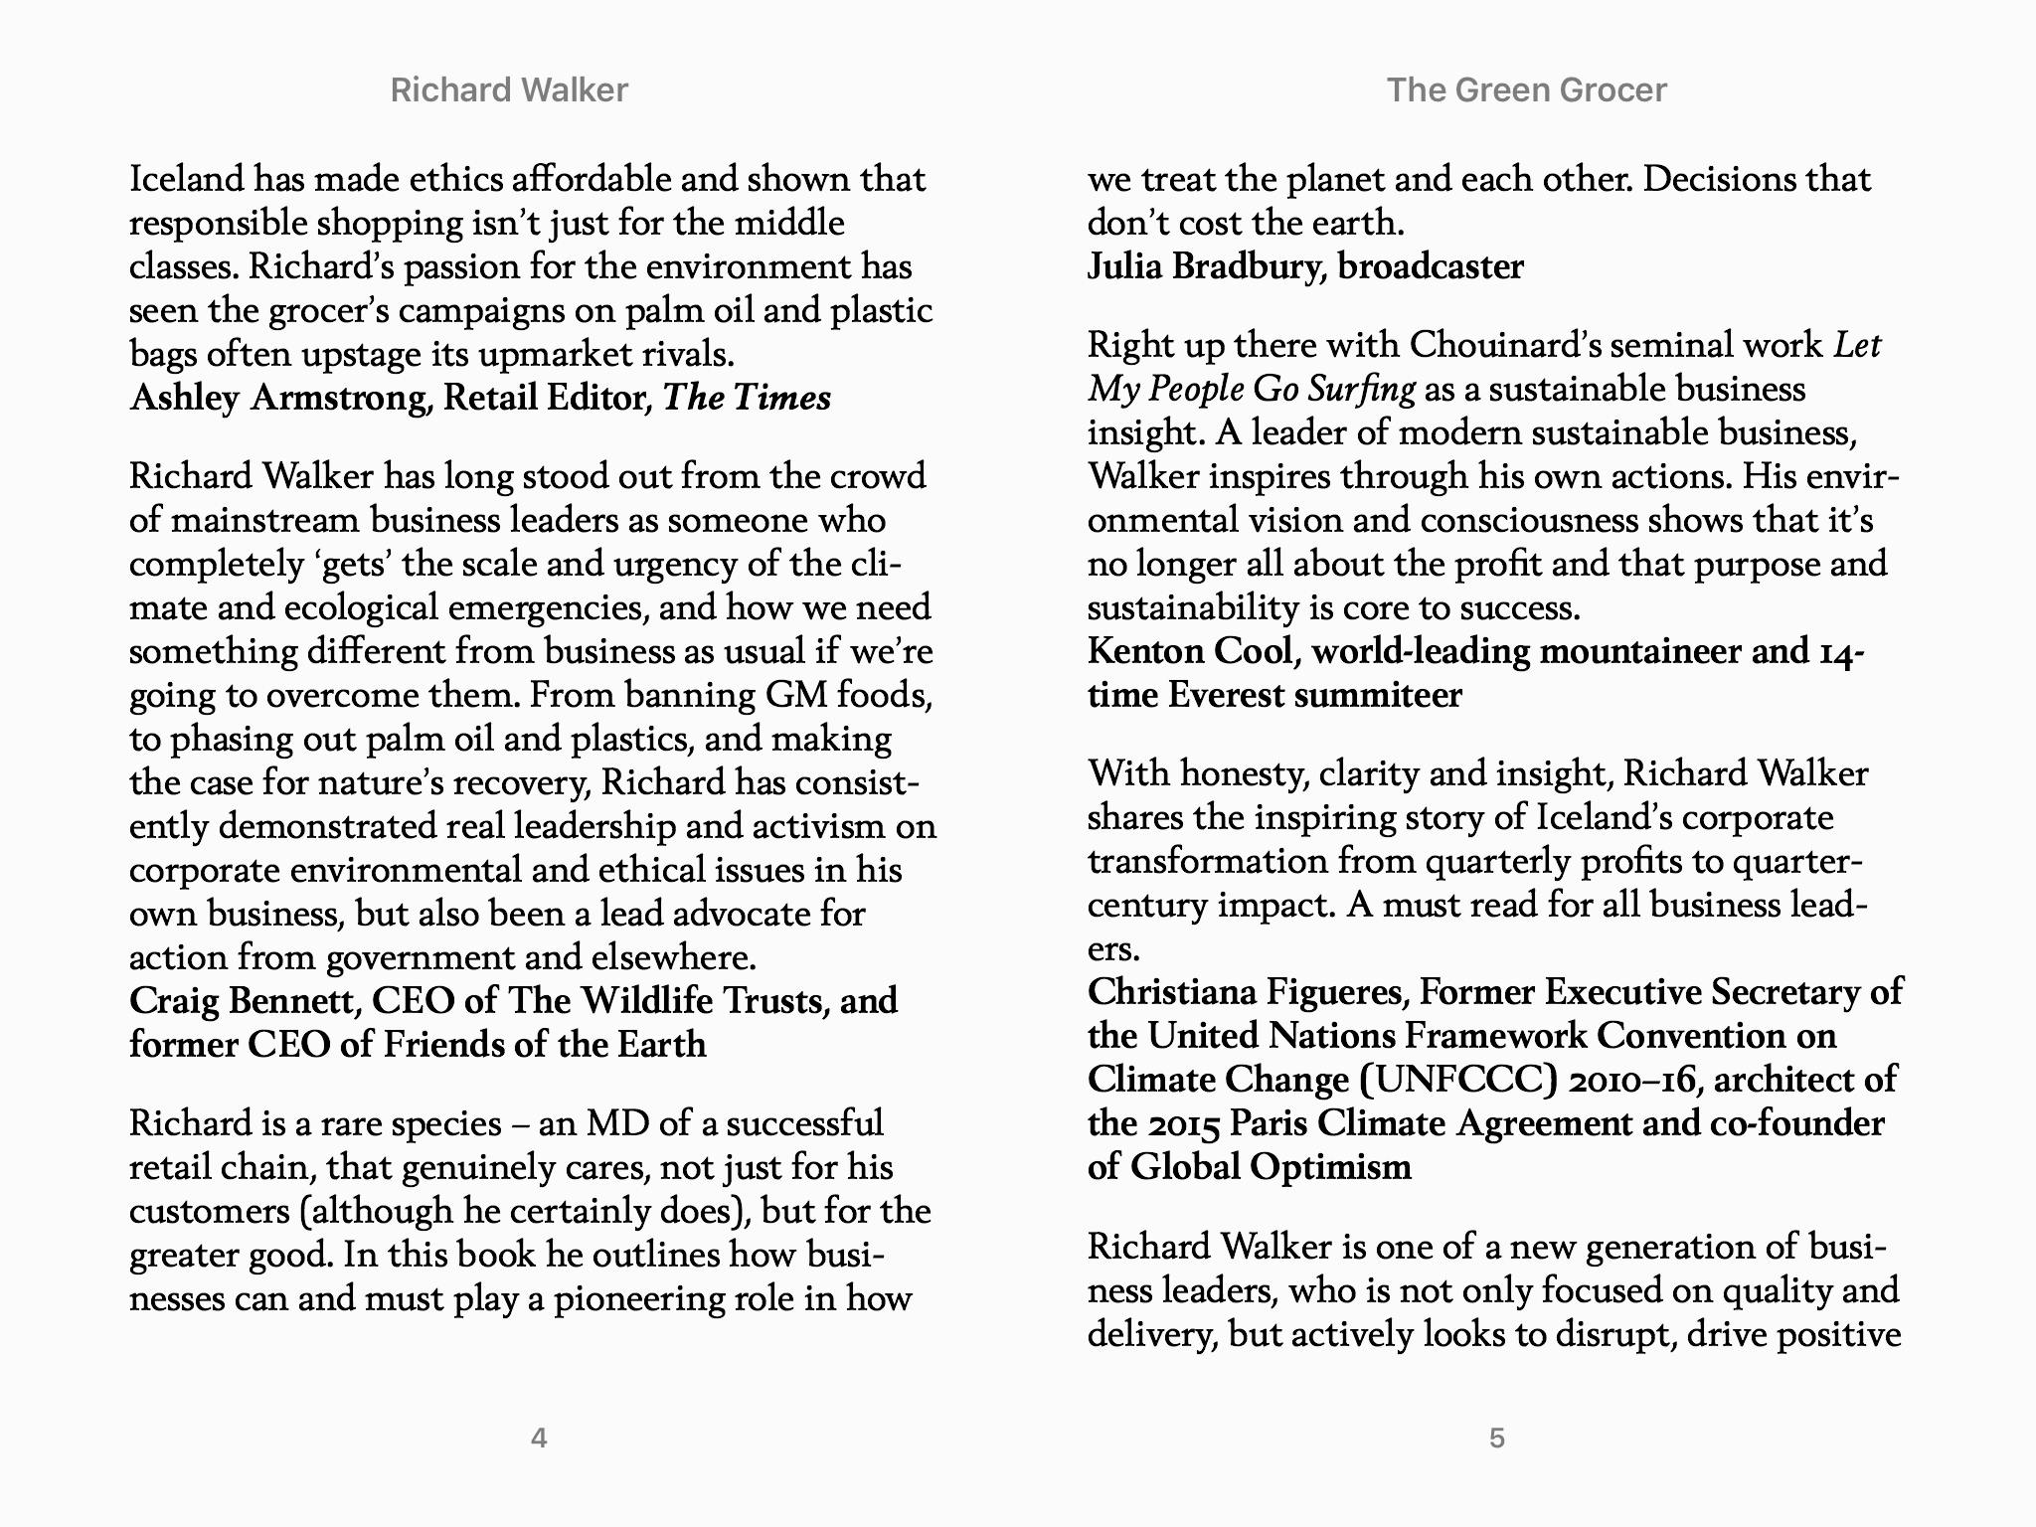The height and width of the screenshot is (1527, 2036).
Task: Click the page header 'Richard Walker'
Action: click(509, 90)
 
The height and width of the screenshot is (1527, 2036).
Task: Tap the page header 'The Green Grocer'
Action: click(1526, 90)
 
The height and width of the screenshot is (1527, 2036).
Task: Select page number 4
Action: click(539, 1438)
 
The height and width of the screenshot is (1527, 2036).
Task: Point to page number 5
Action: click(1497, 1438)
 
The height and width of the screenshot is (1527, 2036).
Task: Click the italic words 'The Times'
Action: click(747, 398)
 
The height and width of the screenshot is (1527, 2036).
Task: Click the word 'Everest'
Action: click(1226, 695)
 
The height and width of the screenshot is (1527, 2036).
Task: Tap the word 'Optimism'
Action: click(1330, 1166)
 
